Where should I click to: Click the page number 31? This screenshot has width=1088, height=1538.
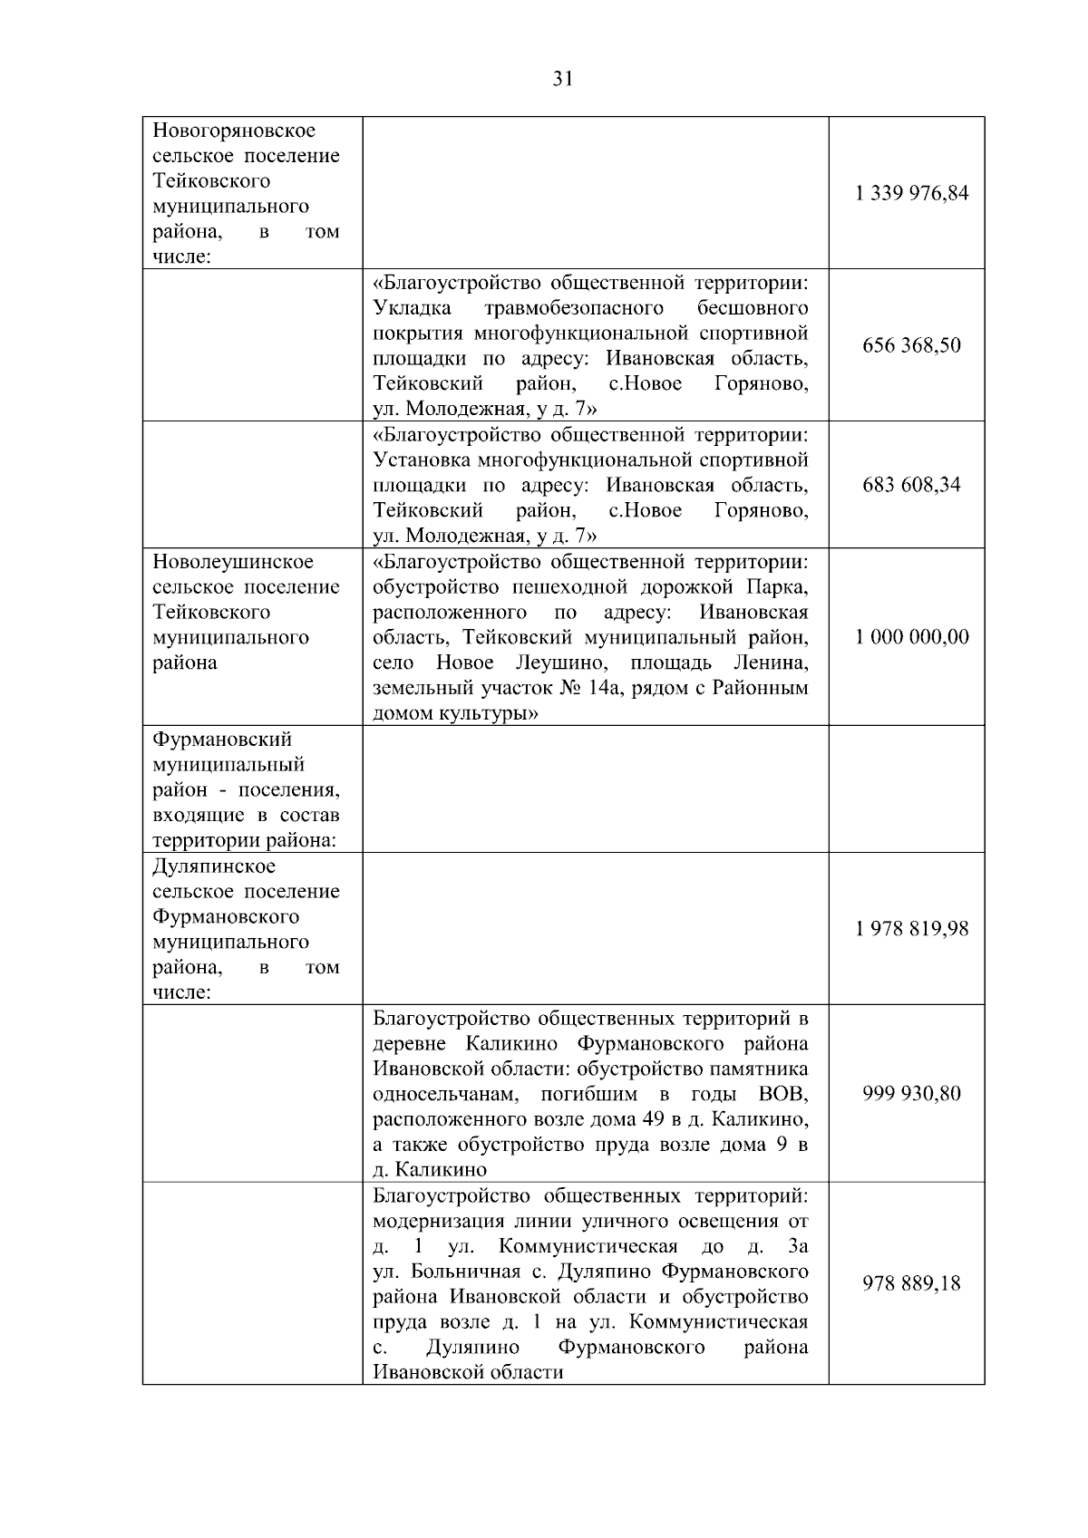tap(562, 79)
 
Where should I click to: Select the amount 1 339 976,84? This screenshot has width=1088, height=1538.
tap(911, 193)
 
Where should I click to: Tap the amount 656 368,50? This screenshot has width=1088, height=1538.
tap(911, 345)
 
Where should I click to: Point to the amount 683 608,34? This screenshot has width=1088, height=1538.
tap(911, 484)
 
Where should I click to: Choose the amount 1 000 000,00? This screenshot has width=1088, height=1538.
tap(911, 636)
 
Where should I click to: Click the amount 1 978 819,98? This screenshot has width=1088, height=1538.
tap(911, 929)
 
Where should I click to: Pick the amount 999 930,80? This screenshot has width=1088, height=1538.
tap(911, 1093)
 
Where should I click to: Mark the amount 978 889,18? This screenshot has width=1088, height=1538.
tap(911, 1283)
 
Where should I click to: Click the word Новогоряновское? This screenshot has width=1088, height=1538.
tap(233, 131)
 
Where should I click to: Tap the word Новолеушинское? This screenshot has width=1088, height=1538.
tap(233, 562)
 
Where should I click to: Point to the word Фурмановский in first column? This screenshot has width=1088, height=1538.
tap(222, 740)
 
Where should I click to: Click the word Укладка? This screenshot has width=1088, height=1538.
tap(413, 308)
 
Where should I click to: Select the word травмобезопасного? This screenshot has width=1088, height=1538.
tap(574, 308)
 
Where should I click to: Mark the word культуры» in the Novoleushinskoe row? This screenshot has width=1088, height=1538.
tap(489, 713)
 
